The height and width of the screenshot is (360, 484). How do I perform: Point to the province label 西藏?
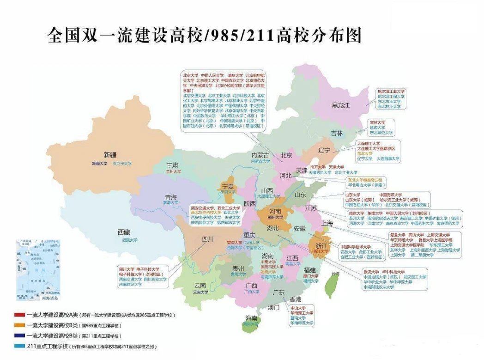click(124, 232)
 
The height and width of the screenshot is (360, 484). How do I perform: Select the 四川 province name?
click(208, 239)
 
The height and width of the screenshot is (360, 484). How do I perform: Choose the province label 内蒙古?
click(260, 155)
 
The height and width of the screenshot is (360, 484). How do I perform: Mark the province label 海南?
click(251, 318)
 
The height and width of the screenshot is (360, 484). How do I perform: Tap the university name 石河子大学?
click(122, 163)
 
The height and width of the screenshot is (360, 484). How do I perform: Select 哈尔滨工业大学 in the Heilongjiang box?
click(391, 92)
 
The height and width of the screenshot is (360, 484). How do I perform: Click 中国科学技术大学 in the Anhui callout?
click(356, 247)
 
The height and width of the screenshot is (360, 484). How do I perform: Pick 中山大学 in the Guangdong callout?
click(298, 307)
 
